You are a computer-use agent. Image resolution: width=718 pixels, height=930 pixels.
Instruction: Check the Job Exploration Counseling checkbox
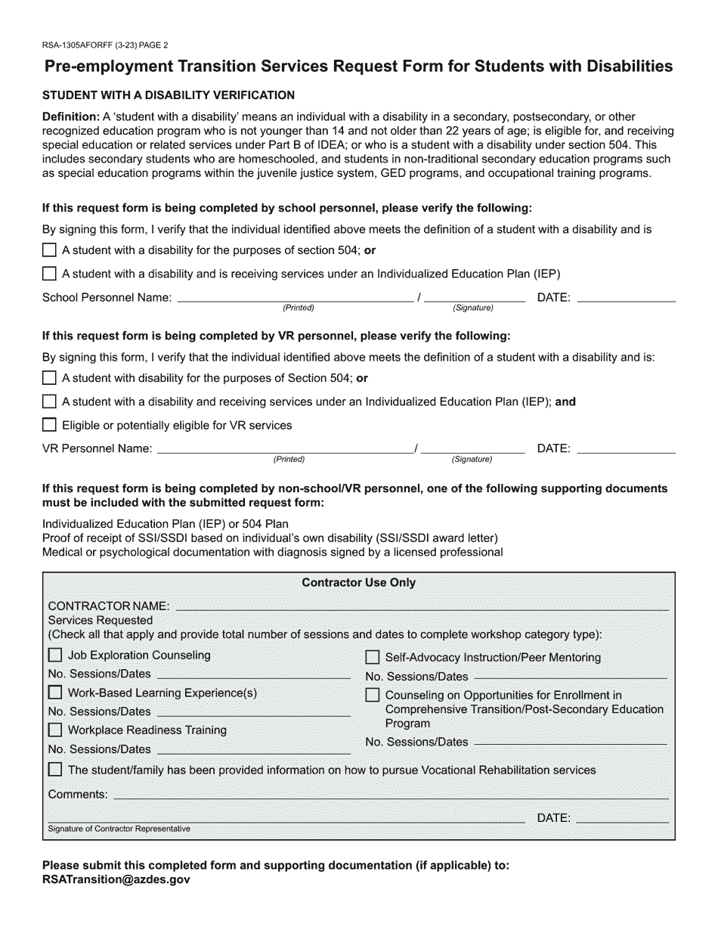(55, 656)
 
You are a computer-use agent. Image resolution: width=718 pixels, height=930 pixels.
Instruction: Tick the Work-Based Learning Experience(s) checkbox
(55, 693)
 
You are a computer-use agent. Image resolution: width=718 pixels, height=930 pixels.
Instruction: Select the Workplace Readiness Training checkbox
(55, 730)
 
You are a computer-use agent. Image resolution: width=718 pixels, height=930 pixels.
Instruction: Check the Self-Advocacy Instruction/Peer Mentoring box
(373, 658)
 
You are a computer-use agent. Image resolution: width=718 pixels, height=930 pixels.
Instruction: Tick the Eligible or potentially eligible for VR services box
(49, 425)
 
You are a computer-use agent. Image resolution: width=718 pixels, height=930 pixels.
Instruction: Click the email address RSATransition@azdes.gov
(116, 880)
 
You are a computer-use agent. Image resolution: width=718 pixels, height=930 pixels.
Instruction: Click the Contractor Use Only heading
(358, 583)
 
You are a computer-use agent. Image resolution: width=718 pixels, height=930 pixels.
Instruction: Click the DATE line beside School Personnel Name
(626, 299)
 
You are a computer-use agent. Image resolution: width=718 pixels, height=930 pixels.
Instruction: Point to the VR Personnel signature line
(472, 451)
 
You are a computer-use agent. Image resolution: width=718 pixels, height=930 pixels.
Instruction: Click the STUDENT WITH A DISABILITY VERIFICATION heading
(169, 95)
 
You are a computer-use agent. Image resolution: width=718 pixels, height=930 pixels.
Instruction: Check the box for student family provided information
(55, 770)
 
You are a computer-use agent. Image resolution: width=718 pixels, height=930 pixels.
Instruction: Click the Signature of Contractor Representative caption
(119, 829)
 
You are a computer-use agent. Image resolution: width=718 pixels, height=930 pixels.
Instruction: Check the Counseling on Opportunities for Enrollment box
(373, 695)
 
